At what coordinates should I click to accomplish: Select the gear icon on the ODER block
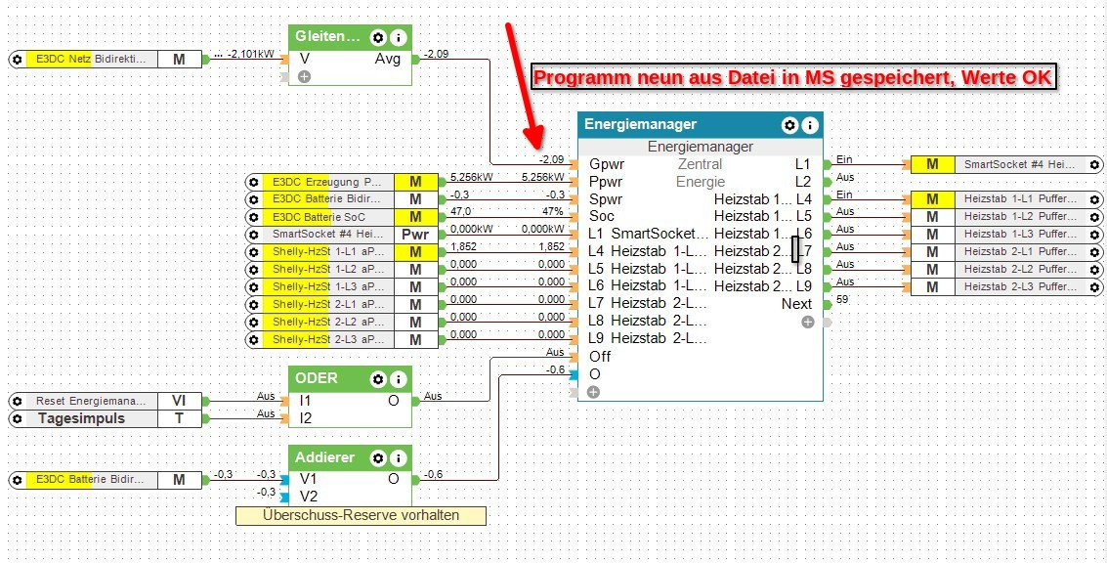click(378, 378)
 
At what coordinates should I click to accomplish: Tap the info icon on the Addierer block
click(398, 457)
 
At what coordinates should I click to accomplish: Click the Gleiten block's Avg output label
click(388, 59)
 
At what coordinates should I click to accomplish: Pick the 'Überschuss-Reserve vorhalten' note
click(361, 515)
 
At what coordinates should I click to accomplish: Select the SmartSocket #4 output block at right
click(1006, 164)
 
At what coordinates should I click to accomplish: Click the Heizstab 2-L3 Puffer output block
click(1006, 286)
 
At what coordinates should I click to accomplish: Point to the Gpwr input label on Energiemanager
click(607, 164)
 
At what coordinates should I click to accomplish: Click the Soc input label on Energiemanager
click(602, 216)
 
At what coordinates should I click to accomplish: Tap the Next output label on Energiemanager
click(796, 304)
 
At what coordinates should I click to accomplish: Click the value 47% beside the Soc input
click(553, 211)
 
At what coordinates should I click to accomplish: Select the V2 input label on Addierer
click(309, 497)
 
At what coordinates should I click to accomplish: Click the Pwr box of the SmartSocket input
click(415, 235)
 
